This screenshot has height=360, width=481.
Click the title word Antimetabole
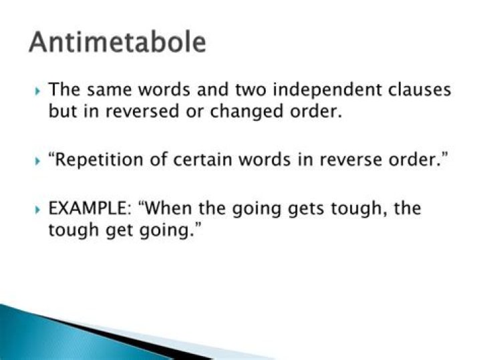tap(118, 42)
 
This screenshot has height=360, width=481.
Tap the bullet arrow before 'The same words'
tap(37, 91)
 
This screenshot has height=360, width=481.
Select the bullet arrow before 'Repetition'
tap(37, 161)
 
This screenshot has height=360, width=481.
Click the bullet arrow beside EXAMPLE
tap(37, 210)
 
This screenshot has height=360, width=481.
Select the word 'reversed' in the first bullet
tap(142, 111)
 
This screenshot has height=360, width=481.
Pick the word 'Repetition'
tap(99, 160)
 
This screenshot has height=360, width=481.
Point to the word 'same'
tap(109, 90)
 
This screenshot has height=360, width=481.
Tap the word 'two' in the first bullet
tap(251, 90)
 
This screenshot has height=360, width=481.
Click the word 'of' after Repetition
tap(158, 160)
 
